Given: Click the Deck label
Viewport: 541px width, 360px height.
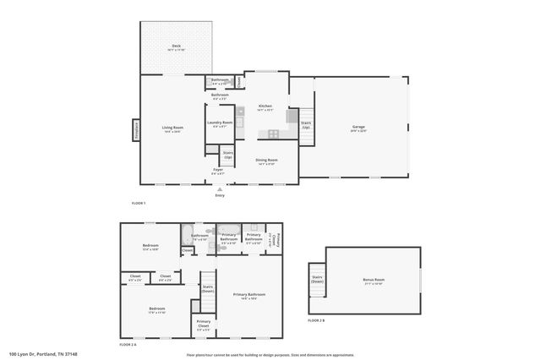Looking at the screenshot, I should tap(177, 47).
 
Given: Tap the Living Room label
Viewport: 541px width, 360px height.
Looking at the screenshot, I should tap(173, 129).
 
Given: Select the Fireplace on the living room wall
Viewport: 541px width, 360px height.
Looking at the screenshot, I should tap(136, 130).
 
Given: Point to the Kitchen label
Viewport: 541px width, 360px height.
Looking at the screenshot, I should tap(265, 107).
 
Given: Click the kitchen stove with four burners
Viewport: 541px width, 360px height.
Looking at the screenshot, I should tap(274, 133).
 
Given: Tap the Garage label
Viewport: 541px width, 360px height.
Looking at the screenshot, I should tap(358, 128).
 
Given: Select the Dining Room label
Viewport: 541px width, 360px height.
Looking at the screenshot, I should tap(267, 161).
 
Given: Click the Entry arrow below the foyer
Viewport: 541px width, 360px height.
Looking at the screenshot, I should tap(220, 190).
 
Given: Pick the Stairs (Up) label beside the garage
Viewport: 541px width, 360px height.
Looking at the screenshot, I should tap(306, 126).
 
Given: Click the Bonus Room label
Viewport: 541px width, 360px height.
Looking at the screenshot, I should tap(373, 281).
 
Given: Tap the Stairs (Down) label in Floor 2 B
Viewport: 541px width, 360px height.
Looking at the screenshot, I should tap(318, 278).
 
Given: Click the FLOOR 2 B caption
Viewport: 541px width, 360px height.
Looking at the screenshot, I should tap(315, 320).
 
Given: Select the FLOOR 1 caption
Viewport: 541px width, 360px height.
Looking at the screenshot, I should tap(139, 204).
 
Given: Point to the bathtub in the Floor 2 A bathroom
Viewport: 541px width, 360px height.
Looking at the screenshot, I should tap(187, 234).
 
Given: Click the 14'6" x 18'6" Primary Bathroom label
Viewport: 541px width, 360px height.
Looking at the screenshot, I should tap(249, 296).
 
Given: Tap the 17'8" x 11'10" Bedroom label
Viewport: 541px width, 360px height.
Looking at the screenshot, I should tap(157, 310).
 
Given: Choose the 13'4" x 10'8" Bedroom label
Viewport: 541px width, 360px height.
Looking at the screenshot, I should tap(150, 248).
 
